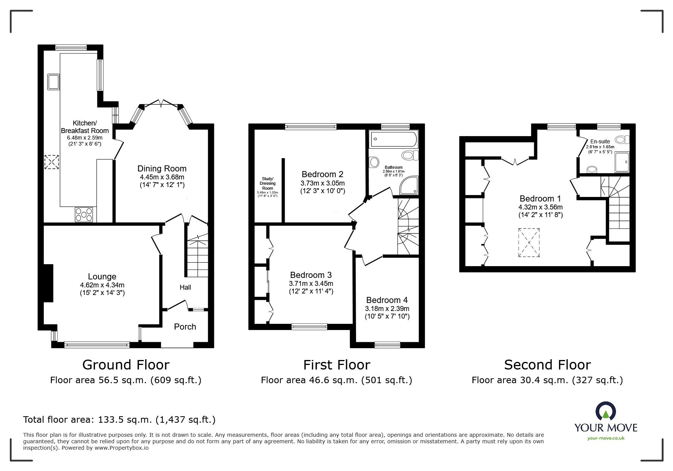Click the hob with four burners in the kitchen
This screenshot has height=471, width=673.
[84, 214]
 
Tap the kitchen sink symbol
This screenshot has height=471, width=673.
[53, 82]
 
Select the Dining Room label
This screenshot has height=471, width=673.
[162, 169]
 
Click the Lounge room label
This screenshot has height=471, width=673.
[102, 277]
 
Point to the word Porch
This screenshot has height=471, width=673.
[185, 327]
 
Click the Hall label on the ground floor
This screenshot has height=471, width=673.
[185, 287]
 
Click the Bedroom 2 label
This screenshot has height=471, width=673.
[322, 174]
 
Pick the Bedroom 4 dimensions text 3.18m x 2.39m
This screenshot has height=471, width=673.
[387, 309]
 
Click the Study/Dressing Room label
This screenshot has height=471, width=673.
[268, 183]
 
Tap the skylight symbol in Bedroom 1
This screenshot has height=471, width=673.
[529, 243]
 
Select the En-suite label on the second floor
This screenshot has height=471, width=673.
[600, 141]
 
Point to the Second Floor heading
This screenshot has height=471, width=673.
[547, 365]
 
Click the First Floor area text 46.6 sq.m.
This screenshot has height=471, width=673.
[336, 380]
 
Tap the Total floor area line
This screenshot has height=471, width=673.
[119, 420]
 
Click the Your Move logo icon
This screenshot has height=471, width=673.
[606, 412]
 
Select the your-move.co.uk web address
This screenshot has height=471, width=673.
[606, 438]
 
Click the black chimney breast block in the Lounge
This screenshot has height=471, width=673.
[48, 283]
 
